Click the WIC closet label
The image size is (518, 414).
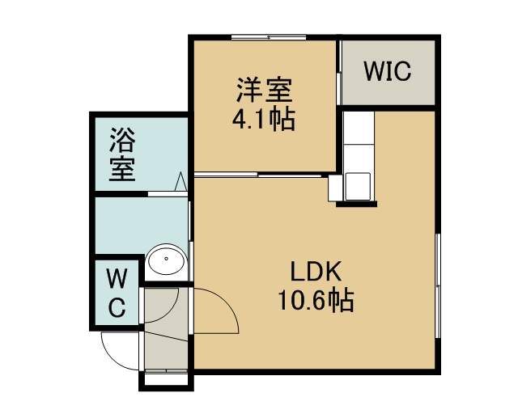[x=388, y=71]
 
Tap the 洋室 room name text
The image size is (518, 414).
[x=265, y=90]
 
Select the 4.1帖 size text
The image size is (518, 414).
[x=264, y=119]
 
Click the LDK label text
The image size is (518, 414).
[x=316, y=271]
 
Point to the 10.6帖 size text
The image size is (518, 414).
[x=316, y=300]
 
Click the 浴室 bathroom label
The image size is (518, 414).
[x=122, y=154]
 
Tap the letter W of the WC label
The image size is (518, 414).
[x=117, y=279]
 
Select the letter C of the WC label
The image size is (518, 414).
[x=117, y=307]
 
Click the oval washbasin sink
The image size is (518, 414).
[x=166, y=260]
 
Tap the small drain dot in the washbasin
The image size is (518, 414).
[x=166, y=259]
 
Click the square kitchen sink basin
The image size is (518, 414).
[x=358, y=187]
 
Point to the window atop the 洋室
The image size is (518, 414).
[x=269, y=37]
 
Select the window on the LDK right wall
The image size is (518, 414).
[x=438, y=285]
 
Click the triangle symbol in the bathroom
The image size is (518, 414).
[x=180, y=181]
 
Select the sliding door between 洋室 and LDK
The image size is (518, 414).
[x=258, y=175]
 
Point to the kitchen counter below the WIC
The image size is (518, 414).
[x=359, y=156]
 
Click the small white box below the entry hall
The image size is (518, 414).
[x=166, y=380]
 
